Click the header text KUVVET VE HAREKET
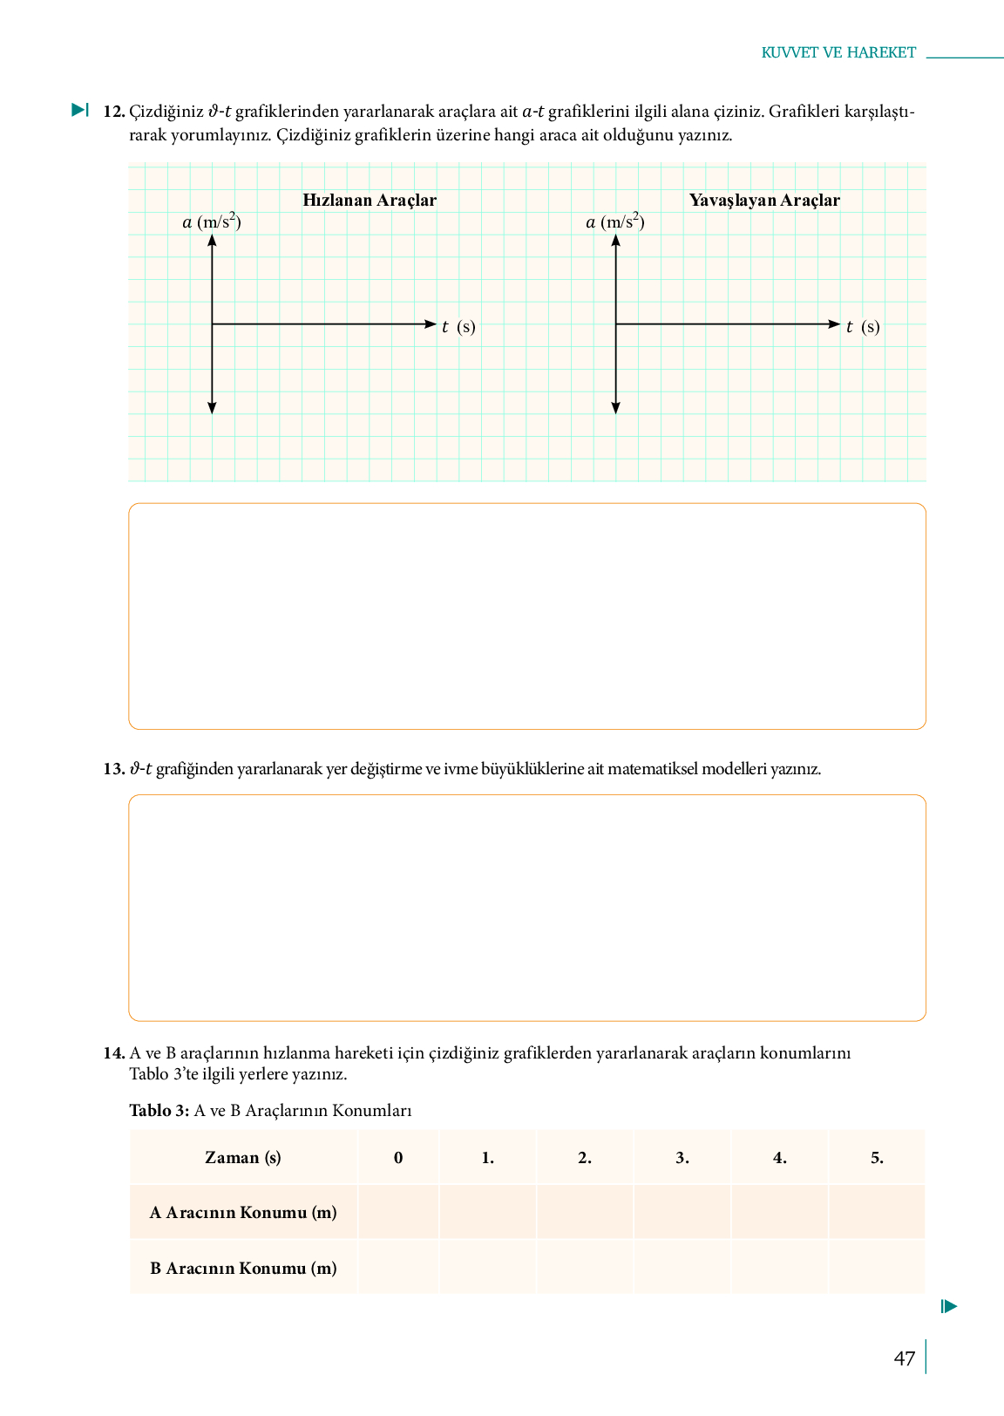coord(838,52)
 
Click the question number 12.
coord(114,112)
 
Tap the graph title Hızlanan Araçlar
coord(370,200)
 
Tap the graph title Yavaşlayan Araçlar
coord(764,200)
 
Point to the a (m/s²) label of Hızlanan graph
coord(212,221)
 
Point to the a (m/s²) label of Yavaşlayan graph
coord(615,221)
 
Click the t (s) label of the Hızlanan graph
coord(458,327)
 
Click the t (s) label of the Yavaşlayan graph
coord(863,327)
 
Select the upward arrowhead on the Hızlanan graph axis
coord(212,240)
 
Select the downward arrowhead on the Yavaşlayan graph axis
coord(616,408)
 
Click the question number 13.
coord(114,769)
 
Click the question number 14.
coord(114,1052)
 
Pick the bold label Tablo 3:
coord(159,1111)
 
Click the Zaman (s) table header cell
coord(243,1158)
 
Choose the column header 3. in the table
coord(682,1158)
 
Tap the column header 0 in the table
coord(398,1158)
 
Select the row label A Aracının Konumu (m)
coord(243,1212)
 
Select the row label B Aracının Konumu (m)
coord(243,1268)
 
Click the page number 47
coord(904,1358)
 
